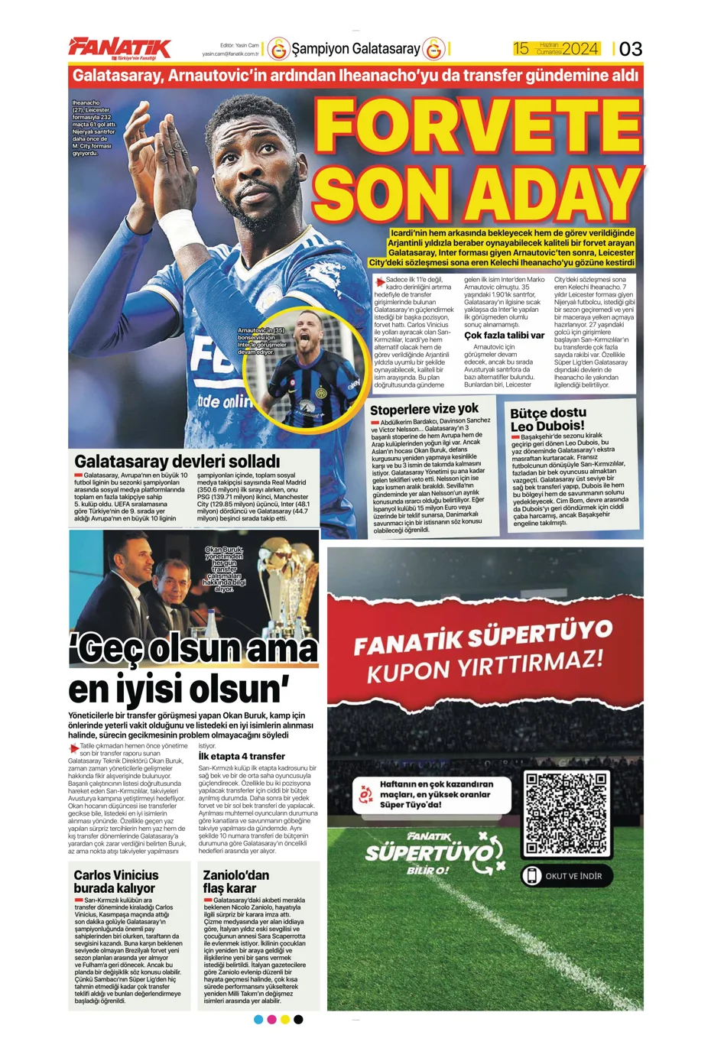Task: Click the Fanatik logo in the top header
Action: click(x=120, y=47)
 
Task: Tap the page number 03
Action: click(x=631, y=49)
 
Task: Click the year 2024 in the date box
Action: click(x=580, y=49)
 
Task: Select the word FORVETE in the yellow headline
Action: click(x=477, y=126)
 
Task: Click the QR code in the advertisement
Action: click(x=567, y=813)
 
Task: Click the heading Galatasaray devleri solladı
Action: click(x=177, y=462)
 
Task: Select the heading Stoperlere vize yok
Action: click(x=424, y=410)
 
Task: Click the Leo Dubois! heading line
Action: click(x=547, y=426)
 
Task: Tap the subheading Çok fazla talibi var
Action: click(x=504, y=335)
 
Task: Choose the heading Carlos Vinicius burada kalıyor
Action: click(x=116, y=881)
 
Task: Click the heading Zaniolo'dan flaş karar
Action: click(x=235, y=881)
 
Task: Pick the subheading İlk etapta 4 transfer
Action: click(x=242, y=756)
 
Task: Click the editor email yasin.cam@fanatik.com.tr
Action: click(x=230, y=54)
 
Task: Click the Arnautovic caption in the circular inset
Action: click(x=261, y=341)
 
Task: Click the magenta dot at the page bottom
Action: click(x=271, y=1019)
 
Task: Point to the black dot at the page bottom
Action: click(x=298, y=1019)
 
